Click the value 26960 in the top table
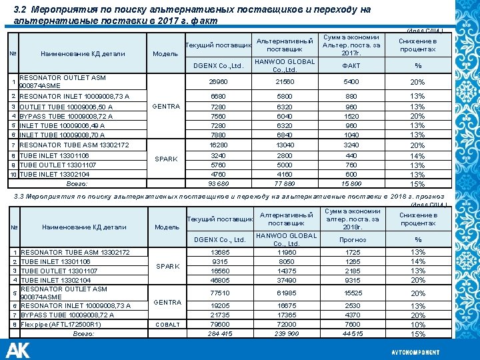click(218, 82)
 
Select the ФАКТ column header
click(351, 66)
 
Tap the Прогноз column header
click(352, 239)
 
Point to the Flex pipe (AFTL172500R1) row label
click(61, 325)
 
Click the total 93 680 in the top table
click(218, 183)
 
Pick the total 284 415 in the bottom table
click(219, 333)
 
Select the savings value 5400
click(351, 82)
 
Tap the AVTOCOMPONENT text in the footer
click(415, 351)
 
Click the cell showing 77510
click(219, 292)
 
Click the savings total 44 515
click(352, 333)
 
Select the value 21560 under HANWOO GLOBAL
click(285, 82)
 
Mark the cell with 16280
click(218, 145)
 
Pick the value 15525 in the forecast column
click(352, 292)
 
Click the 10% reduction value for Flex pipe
click(418, 325)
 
